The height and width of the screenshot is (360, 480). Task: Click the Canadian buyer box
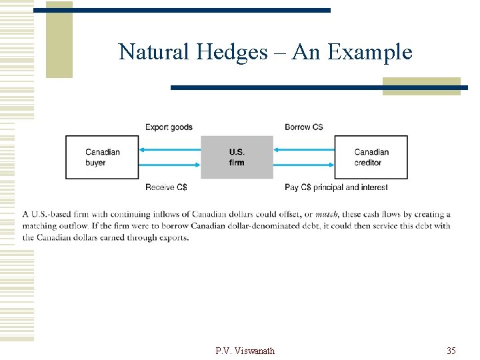102,157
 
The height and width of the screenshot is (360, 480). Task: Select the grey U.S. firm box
237,157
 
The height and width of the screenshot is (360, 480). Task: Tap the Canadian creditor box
371,157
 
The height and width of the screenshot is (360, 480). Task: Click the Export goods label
169,127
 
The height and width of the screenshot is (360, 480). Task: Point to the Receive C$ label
166,187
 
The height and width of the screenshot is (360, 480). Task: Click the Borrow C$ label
304,127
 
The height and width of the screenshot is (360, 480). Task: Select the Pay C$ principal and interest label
336,187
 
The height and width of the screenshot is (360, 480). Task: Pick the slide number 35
451,351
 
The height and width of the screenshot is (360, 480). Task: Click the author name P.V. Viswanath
245,351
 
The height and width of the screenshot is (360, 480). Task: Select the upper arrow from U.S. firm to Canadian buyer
170,148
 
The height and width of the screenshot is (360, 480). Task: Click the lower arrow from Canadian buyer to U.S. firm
170,166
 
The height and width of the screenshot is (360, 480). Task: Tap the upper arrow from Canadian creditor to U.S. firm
304,148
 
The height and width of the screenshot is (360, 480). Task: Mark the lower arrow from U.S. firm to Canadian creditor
304,166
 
